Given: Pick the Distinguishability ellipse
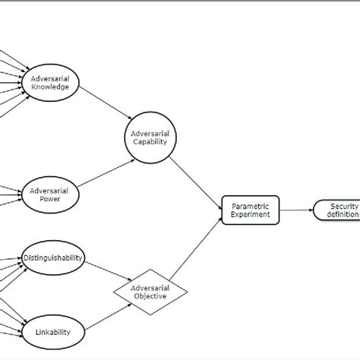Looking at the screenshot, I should (x=52, y=257).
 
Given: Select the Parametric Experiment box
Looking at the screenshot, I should (x=250, y=209).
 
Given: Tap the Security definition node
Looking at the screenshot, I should (x=338, y=210).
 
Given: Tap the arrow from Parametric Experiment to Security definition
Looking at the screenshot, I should (x=296, y=210).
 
